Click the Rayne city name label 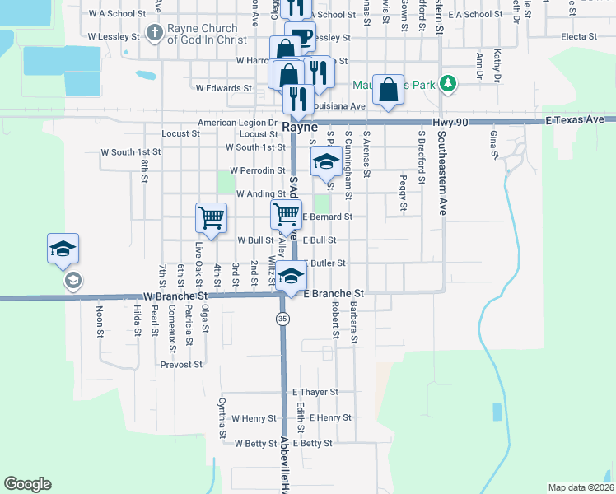(x=300, y=128)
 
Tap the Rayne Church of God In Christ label (x=206, y=34)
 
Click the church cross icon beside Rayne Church (x=153, y=34)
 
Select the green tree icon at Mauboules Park (x=447, y=83)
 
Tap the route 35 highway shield (x=282, y=319)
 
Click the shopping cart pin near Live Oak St (x=211, y=217)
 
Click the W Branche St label (x=175, y=295)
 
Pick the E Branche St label (x=334, y=293)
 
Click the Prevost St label (x=181, y=364)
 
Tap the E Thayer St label (x=315, y=393)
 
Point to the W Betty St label (x=255, y=443)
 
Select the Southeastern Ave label (x=441, y=173)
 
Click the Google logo (x=27, y=484)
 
